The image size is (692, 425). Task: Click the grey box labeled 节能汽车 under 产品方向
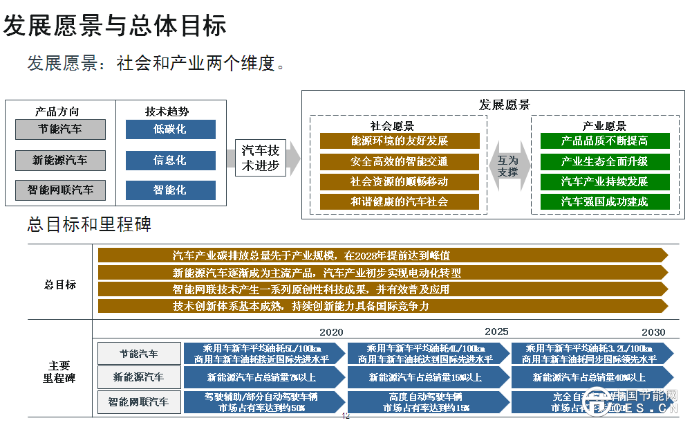[x=61, y=129]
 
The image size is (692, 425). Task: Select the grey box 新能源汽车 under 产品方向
[x=61, y=160]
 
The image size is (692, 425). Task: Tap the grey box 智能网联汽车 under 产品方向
[x=61, y=190]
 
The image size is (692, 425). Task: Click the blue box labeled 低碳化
[x=170, y=129]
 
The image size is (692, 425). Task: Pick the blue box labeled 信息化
[x=170, y=160]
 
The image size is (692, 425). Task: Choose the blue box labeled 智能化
[x=170, y=190]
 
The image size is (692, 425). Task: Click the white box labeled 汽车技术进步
[x=261, y=159]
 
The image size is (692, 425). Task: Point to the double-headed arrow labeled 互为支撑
[x=508, y=166]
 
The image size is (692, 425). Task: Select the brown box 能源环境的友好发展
[x=399, y=141]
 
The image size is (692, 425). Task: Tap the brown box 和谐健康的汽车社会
[x=399, y=202]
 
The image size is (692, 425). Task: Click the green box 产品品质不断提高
[x=605, y=141]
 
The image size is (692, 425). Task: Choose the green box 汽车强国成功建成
[x=605, y=202]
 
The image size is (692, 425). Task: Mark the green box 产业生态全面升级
[x=605, y=161]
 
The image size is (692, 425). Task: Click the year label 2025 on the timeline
[x=496, y=332]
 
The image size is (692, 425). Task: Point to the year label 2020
[x=331, y=332]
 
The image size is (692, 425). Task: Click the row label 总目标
[x=60, y=284]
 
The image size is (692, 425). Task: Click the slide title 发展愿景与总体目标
[x=115, y=26]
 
